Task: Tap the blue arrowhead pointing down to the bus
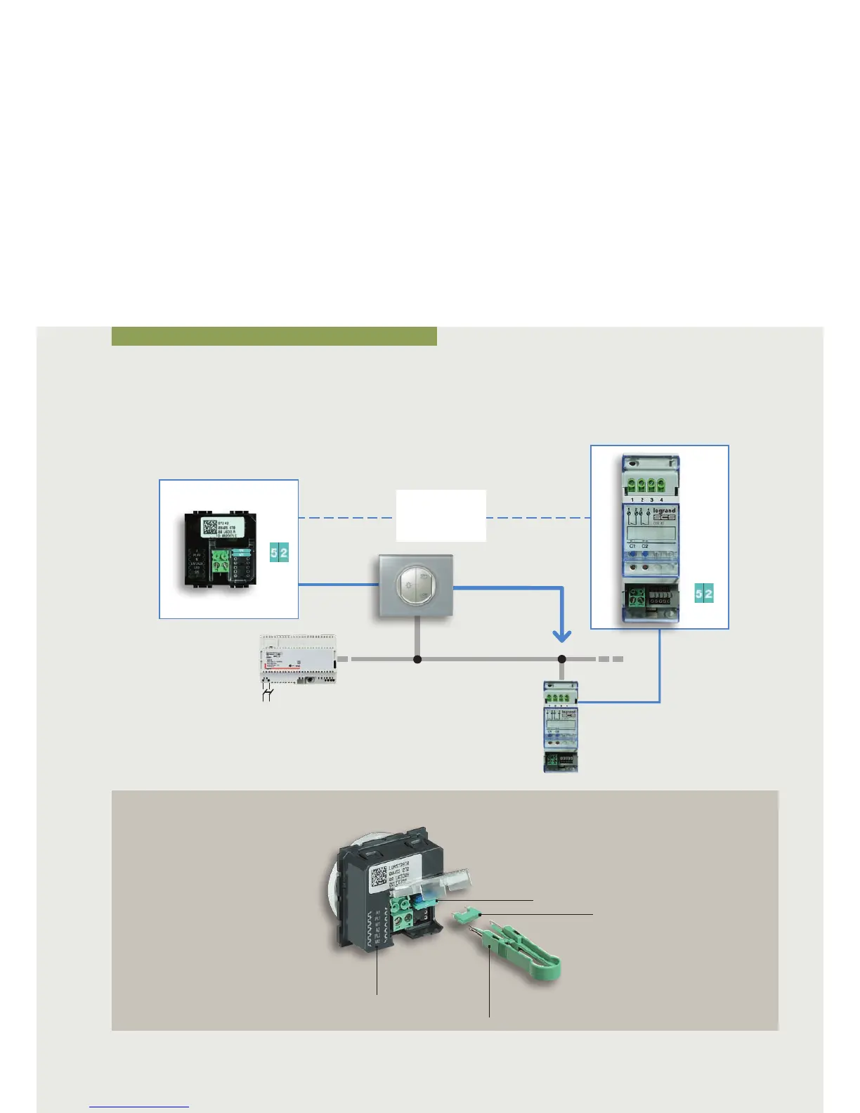coord(561,636)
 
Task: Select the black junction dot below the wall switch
coord(417,659)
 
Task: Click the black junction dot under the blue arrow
coord(561,659)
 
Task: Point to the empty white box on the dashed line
coord(441,516)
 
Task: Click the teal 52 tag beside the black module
coord(279,553)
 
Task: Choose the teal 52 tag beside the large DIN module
coord(704,594)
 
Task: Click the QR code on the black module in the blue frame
coord(213,528)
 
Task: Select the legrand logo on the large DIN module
coord(664,511)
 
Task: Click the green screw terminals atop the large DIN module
coord(646,485)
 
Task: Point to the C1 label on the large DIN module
coord(632,546)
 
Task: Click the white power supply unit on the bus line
coord(298,659)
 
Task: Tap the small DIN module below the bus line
coord(561,727)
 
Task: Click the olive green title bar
coord(274,336)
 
